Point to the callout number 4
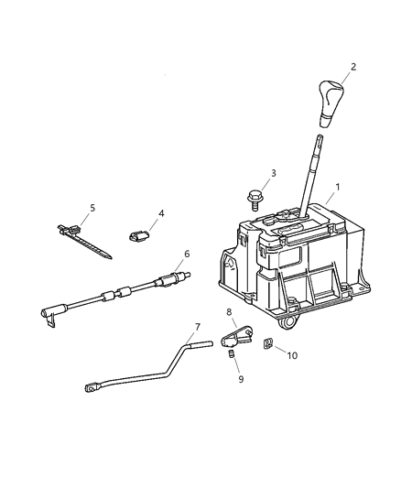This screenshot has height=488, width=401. point(161,215)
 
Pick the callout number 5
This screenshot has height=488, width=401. point(92,208)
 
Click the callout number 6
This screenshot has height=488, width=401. point(187,254)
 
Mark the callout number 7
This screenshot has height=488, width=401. point(196,327)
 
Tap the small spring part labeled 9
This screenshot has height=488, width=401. point(233,354)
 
